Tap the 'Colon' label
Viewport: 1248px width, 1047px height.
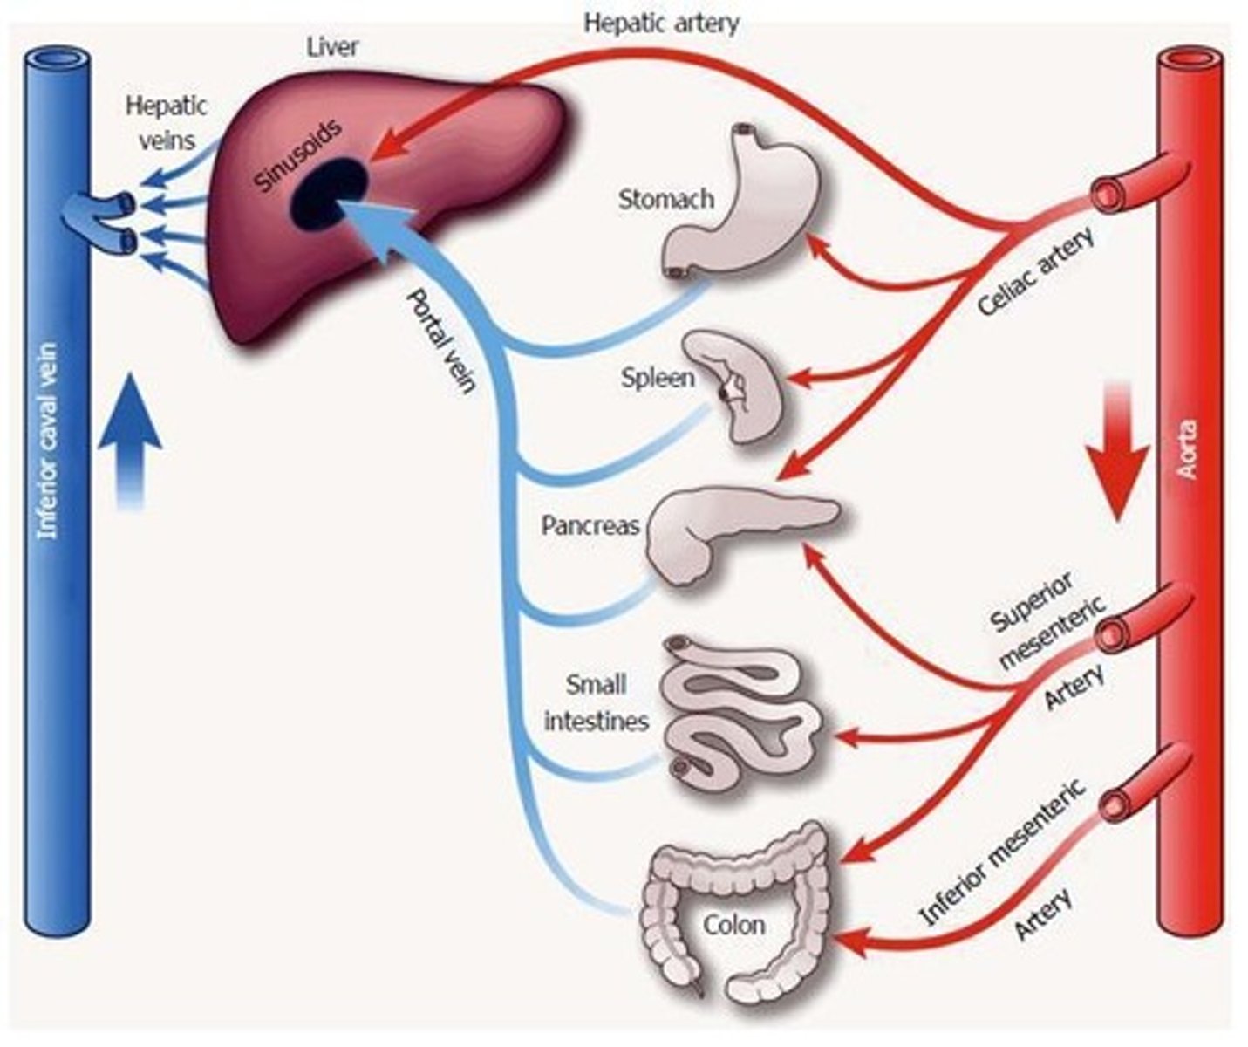point(734,924)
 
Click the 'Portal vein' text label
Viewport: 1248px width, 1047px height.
point(440,340)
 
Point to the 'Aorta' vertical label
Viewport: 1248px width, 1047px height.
point(1187,449)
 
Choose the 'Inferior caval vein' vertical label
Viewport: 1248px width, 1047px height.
point(48,441)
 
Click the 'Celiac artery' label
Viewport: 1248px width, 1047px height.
point(1035,272)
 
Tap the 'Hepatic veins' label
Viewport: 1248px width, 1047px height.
point(167,122)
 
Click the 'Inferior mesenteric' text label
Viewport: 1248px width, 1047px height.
point(1003,851)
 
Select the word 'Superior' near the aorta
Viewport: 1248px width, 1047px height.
point(1032,602)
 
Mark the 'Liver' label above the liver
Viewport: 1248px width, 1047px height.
point(332,46)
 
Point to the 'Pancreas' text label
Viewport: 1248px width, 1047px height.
point(590,526)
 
